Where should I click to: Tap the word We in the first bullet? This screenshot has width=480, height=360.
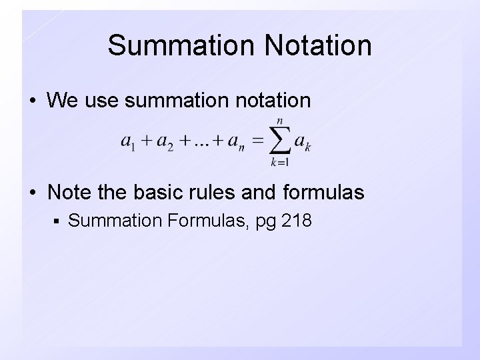coord(63,101)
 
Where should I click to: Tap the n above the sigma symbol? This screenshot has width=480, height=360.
coord(279,121)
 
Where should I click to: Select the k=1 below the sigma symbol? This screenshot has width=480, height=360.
coord(279,162)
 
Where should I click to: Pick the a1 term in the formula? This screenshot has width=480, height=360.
coord(129,141)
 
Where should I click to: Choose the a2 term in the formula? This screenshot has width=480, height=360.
coord(165,141)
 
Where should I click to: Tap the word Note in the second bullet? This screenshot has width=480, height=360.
coord(70,193)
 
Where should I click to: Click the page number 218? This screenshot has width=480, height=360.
coord(297,220)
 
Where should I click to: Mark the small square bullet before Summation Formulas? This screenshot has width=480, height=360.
coord(59,221)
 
